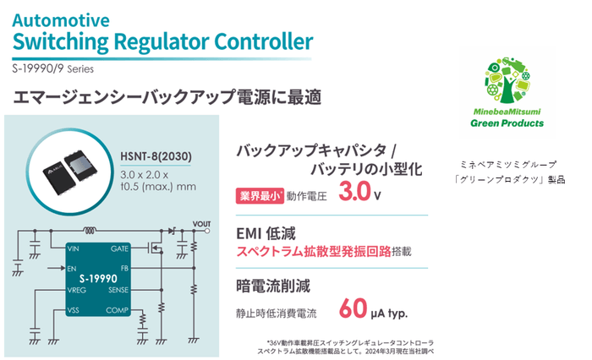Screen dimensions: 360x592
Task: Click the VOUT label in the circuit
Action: point(202,224)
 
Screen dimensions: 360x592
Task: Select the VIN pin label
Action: point(74,249)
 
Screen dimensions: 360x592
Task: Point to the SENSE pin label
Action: point(118,290)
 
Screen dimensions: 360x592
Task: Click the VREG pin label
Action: point(77,290)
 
